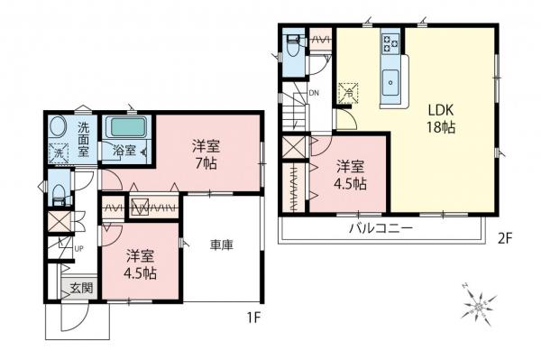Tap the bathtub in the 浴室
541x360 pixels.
(x=125, y=128)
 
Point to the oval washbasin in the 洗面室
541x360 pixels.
(x=57, y=127)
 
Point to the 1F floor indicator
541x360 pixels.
(x=255, y=318)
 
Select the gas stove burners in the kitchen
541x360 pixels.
(x=391, y=42)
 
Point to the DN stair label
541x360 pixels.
(x=314, y=92)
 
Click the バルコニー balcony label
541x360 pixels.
(x=381, y=229)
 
